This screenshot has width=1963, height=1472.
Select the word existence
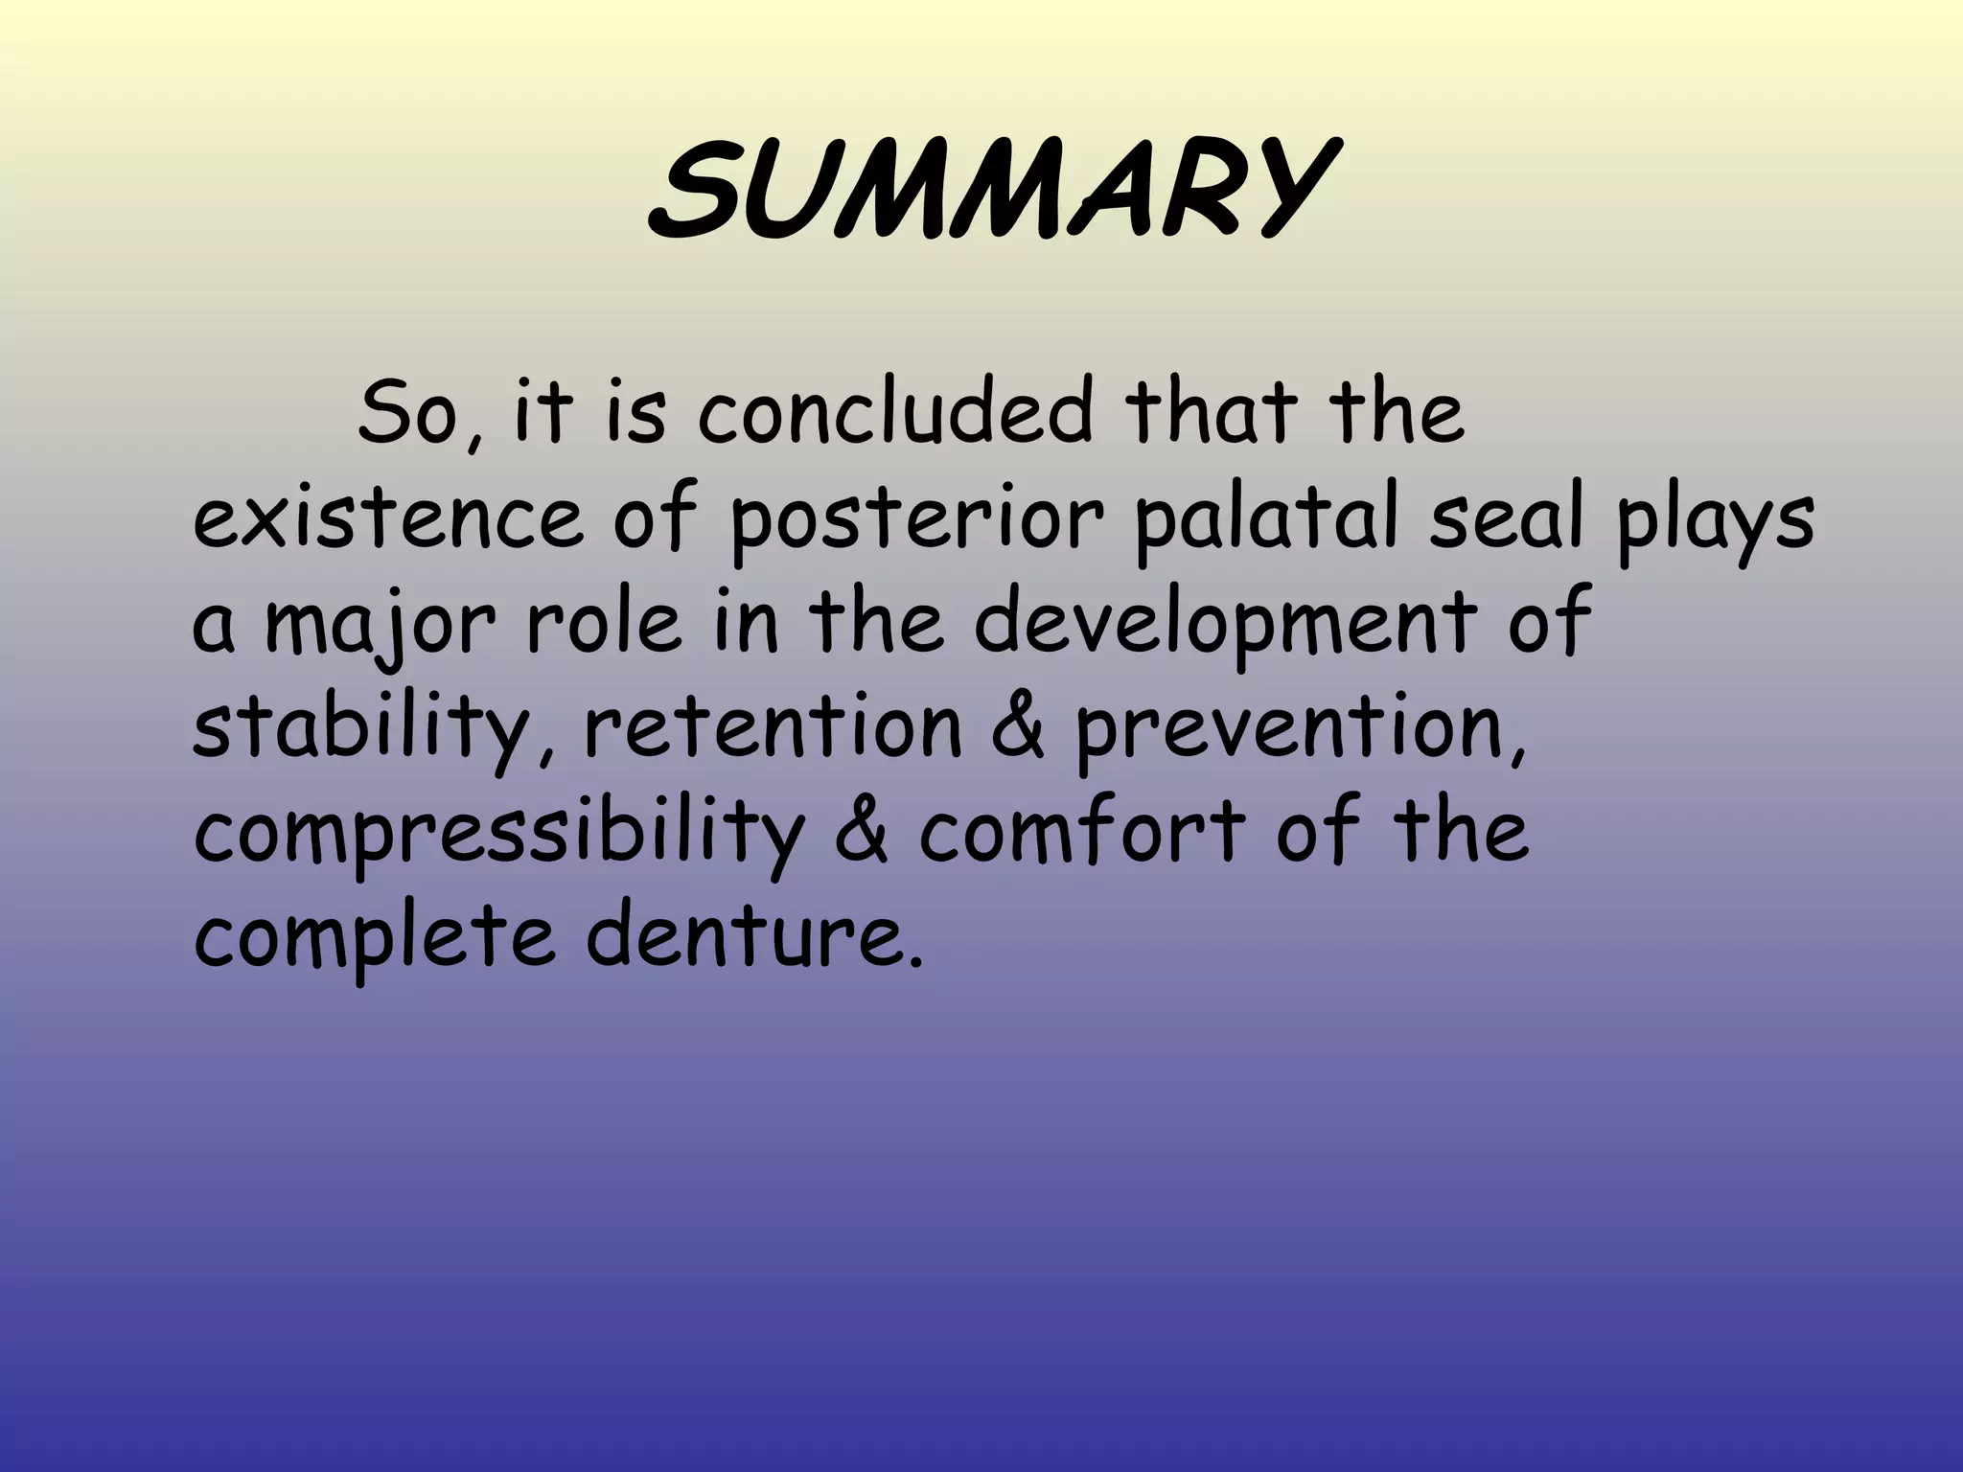[x=387, y=519]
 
